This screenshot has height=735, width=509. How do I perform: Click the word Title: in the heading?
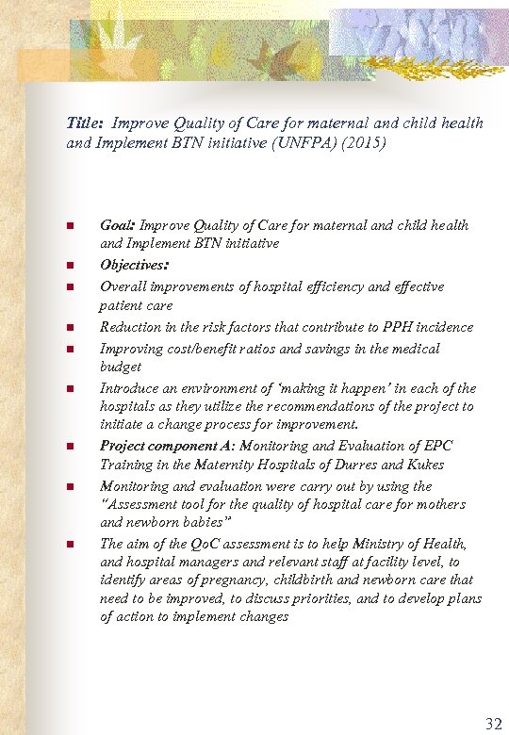pos(85,122)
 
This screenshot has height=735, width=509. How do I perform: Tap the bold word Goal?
pos(118,225)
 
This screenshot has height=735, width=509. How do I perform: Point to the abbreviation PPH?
pos(400,327)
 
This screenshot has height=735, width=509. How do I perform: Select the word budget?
pos(121,367)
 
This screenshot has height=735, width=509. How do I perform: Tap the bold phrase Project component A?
pos(168,446)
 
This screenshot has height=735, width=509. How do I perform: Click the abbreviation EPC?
pos(438,446)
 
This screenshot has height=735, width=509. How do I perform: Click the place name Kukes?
pos(425,465)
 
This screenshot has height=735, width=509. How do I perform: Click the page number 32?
pos(493,724)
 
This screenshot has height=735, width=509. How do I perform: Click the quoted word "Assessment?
pos(137,504)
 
